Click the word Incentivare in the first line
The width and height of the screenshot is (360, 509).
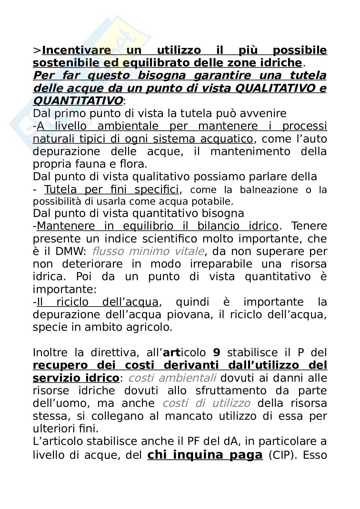coord(76,50)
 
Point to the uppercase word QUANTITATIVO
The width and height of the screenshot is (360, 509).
coord(78,101)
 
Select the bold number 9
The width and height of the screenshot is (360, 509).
coord(216,352)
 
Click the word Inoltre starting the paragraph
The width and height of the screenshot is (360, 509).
coord(50,352)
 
